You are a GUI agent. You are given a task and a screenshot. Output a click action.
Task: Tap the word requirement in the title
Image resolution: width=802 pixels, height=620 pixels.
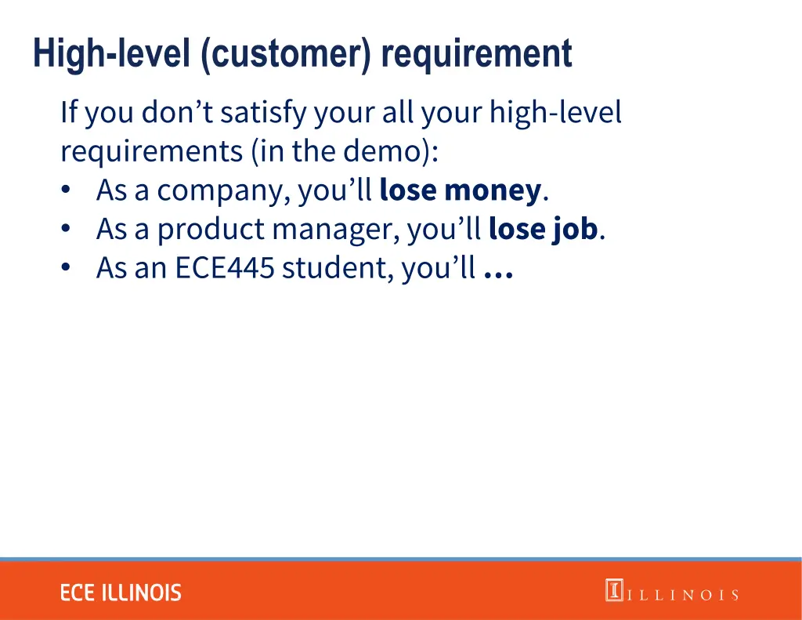click(477, 55)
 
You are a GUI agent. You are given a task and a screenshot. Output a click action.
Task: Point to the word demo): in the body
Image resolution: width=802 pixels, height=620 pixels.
click(392, 151)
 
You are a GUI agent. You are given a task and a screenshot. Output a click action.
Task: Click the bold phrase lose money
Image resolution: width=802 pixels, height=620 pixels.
click(460, 190)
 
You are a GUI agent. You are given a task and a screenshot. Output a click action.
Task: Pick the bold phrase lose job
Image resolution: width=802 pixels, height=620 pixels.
click(543, 229)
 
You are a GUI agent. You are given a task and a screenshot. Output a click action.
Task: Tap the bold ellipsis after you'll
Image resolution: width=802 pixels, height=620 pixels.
click(499, 270)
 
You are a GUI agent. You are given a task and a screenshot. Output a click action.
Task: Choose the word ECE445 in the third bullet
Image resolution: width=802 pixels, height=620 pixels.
click(225, 269)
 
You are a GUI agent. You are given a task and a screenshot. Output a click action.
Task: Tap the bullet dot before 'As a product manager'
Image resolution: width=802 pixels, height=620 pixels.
click(67, 230)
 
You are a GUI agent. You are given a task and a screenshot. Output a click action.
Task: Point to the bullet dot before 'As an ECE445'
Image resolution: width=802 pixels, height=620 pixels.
click(67, 269)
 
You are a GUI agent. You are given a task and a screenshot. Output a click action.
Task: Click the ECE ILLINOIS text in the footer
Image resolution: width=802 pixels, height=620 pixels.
click(121, 593)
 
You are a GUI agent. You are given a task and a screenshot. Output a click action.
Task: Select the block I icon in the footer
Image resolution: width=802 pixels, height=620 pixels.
click(613, 590)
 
